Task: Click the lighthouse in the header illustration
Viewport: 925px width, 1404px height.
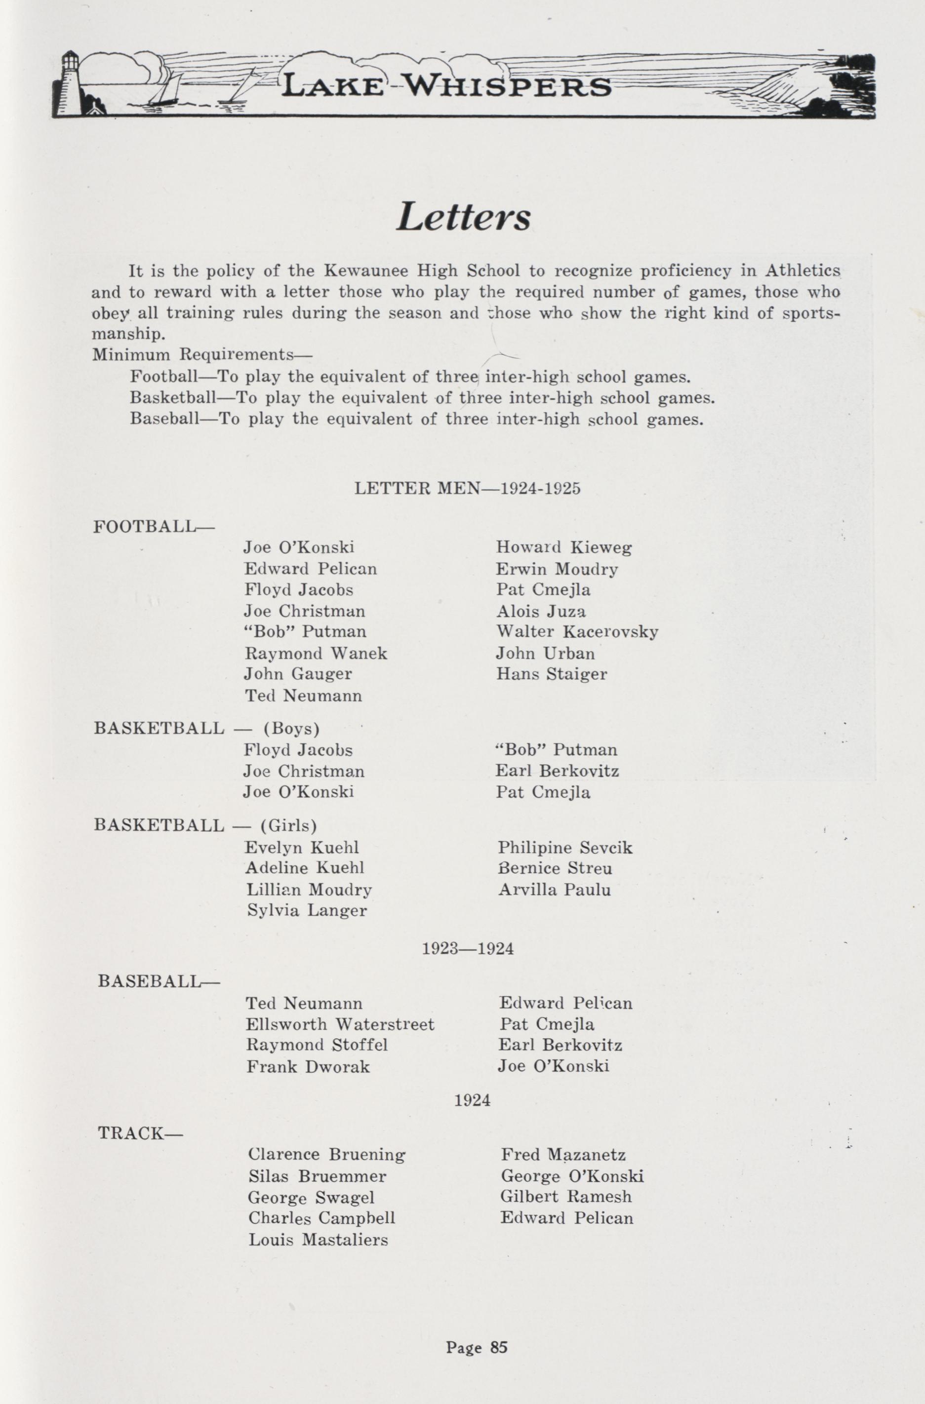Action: (x=70, y=82)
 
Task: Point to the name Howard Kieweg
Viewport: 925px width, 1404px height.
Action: (x=563, y=548)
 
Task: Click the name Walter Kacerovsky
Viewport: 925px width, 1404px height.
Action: (x=577, y=632)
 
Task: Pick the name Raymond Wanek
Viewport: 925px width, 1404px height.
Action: (x=316, y=654)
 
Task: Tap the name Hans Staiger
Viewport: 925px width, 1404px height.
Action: (x=551, y=674)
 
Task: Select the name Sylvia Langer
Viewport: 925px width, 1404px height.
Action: (x=307, y=911)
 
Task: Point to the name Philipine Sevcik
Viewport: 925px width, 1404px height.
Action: (x=564, y=848)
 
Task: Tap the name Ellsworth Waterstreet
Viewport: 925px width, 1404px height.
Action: (x=339, y=1024)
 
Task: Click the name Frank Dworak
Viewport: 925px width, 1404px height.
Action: (x=308, y=1066)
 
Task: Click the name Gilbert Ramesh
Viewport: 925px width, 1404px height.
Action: (x=566, y=1197)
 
